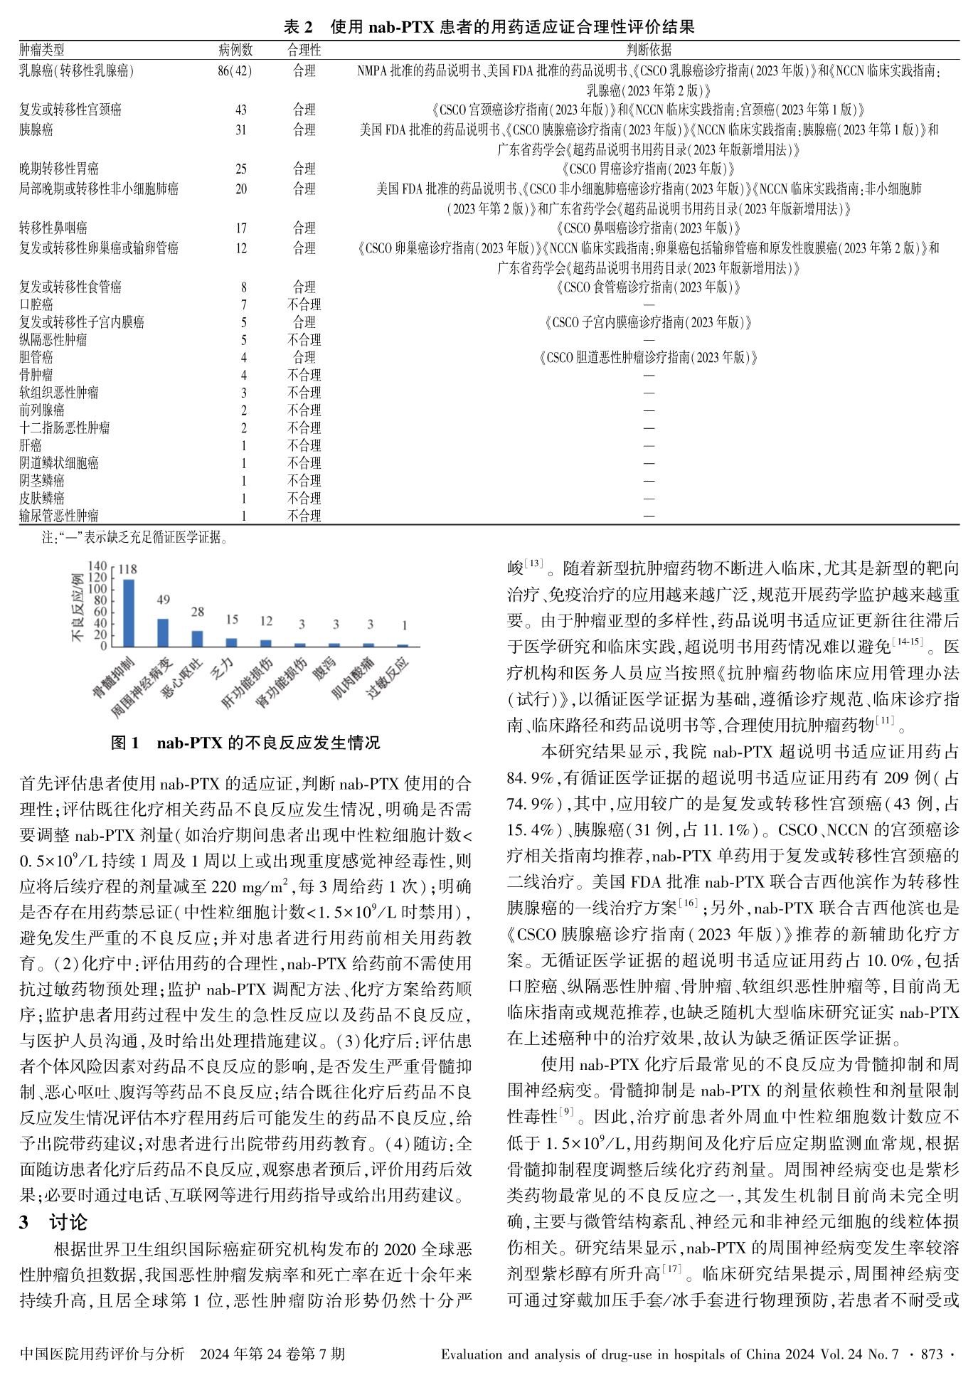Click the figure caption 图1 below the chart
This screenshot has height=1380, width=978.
coord(246,743)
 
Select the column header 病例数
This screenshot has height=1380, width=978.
coord(235,50)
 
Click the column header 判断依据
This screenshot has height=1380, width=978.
coord(649,50)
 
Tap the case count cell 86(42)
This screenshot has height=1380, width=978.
coord(235,70)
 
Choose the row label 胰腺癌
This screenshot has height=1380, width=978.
coord(36,129)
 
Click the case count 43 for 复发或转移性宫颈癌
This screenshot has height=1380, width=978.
coord(241,110)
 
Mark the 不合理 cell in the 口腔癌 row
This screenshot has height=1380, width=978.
coord(304,304)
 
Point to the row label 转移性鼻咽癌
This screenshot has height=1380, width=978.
coord(53,228)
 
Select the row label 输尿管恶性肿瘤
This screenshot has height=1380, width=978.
coord(59,516)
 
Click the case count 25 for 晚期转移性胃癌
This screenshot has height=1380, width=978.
coord(241,169)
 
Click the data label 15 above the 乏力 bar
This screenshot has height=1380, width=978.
coord(231,620)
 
